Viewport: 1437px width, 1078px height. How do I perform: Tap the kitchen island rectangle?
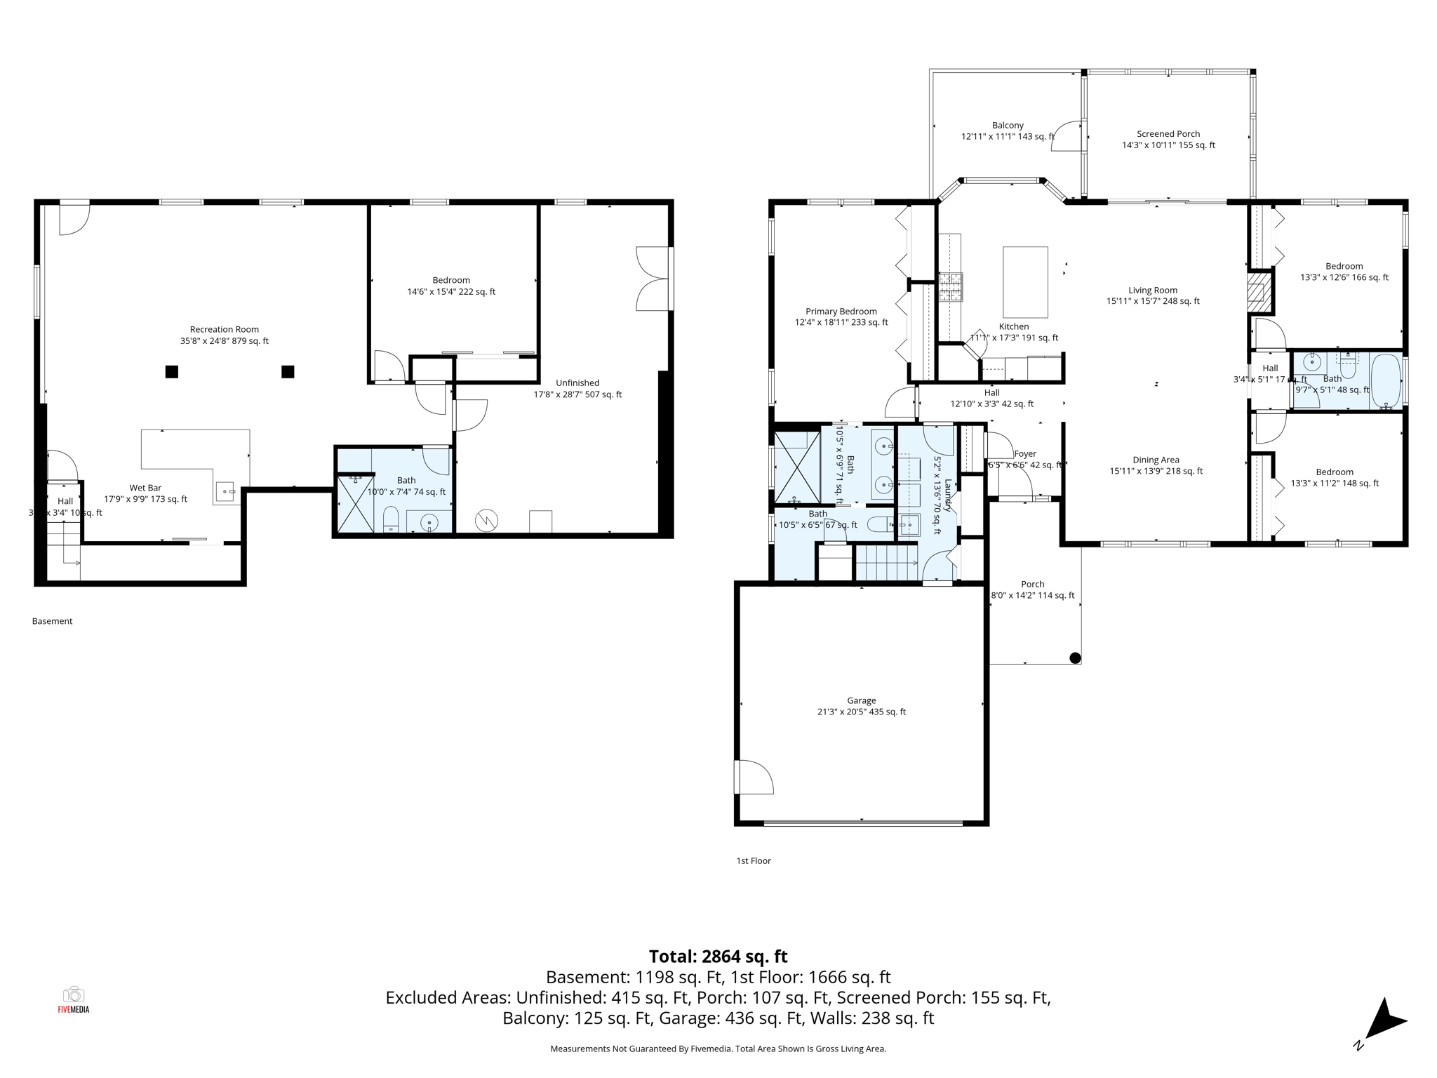pyautogui.click(x=1025, y=282)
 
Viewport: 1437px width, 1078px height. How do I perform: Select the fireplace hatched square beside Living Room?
pyautogui.click(x=1259, y=291)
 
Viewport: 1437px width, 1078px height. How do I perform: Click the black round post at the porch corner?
pyautogui.click(x=1075, y=658)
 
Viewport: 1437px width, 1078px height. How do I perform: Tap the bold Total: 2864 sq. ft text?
pyautogui.click(x=718, y=957)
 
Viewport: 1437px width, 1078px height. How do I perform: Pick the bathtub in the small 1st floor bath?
pyautogui.click(x=1386, y=381)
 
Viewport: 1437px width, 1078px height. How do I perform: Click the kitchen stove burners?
pyautogui.click(x=951, y=286)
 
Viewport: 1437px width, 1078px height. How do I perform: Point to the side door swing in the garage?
pyautogui.click(x=754, y=777)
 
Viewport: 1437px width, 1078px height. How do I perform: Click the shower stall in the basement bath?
pyautogui.click(x=356, y=503)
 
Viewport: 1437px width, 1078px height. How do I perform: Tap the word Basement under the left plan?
pyautogui.click(x=52, y=621)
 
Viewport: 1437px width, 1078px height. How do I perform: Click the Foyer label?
pyautogui.click(x=1024, y=454)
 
